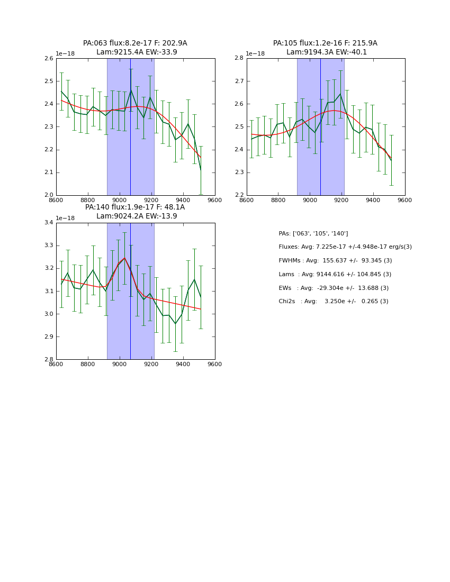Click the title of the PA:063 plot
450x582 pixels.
click(x=135, y=48)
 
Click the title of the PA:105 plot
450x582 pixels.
click(x=326, y=48)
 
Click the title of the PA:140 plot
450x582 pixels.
click(x=135, y=212)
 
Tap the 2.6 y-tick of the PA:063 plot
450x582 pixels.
click(x=48, y=59)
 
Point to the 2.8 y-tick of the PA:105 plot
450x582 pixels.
click(x=239, y=59)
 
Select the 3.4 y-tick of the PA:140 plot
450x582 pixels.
click(x=48, y=223)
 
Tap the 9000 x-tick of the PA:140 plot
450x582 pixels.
click(x=120, y=365)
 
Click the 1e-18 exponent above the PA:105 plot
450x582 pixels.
click(x=256, y=54)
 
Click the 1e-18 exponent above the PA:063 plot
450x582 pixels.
click(x=65, y=54)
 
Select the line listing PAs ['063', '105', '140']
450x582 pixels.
click(x=313, y=233)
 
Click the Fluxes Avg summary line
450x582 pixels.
click(x=345, y=247)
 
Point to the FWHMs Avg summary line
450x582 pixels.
click(x=335, y=261)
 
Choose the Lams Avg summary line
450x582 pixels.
click(x=335, y=275)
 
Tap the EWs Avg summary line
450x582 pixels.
click(x=334, y=288)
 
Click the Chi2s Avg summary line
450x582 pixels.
click(x=334, y=302)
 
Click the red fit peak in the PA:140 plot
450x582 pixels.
click(x=124, y=258)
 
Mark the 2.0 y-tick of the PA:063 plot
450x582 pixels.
click(x=48, y=195)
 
